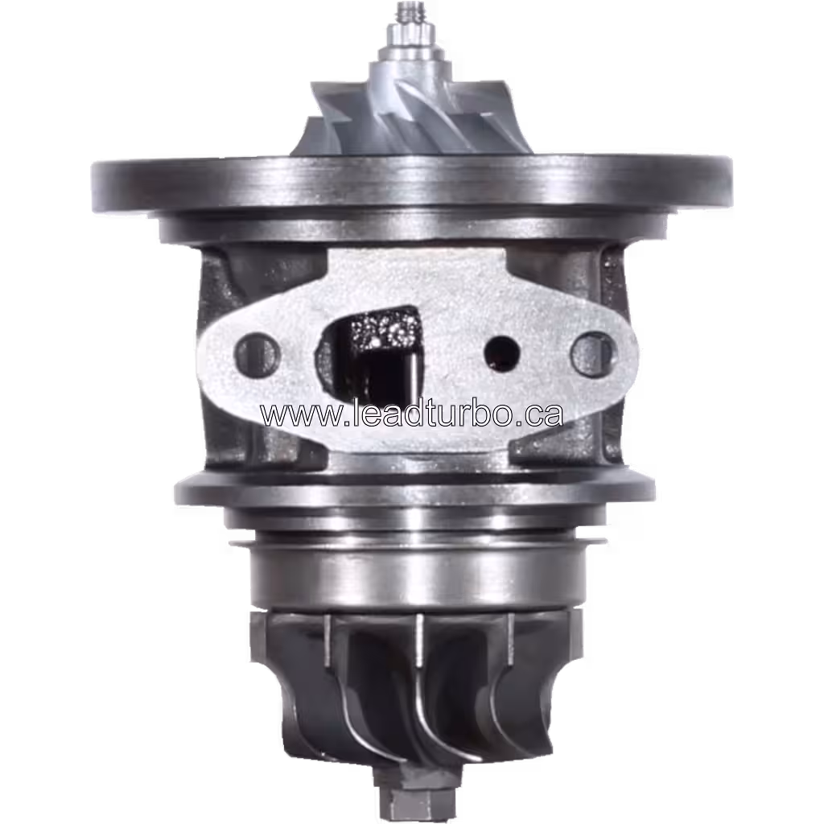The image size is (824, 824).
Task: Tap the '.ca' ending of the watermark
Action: coord(540,414)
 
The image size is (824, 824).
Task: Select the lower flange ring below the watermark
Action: coord(414,488)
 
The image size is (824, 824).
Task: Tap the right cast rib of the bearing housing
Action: coord(616,354)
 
